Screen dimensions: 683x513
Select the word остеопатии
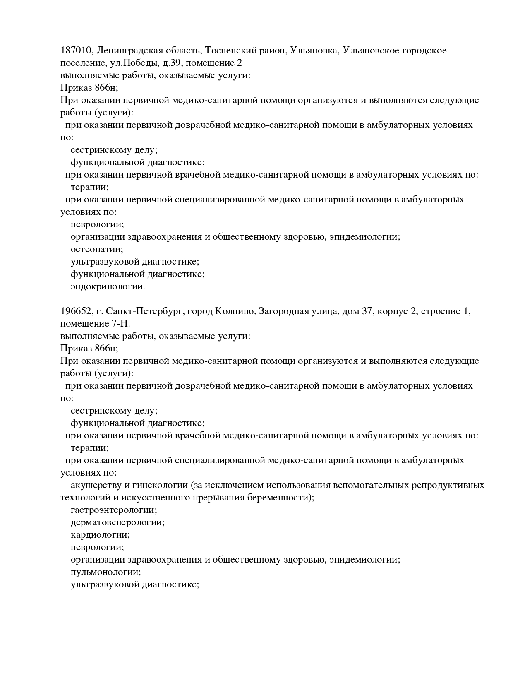click(x=96, y=249)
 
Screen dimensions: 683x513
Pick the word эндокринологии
click(x=108, y=286)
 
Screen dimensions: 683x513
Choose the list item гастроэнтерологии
click(x=113, y=510)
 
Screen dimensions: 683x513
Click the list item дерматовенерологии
click(x=117, y=522)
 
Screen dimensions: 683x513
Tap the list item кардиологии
click(x=100, y=535)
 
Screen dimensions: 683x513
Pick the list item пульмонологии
click(x=105, y=572)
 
